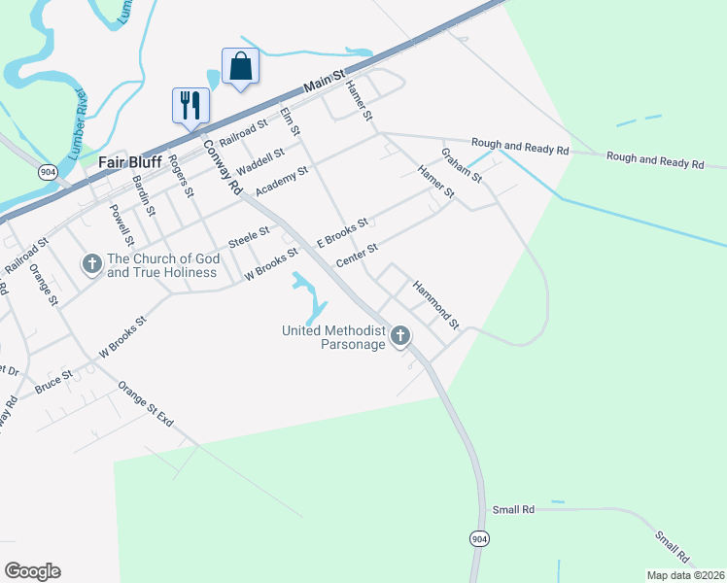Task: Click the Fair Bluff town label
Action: (x=130, y=162)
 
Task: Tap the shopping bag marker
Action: (x=240, y=67)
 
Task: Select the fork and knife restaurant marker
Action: (x=190, y=105)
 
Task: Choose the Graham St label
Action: (x=462, y=164)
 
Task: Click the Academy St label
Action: (x=281, y=179)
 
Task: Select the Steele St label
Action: (x=249, y=237)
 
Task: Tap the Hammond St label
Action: (x=434, y=302)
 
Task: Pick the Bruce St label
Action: (x=53, y=381)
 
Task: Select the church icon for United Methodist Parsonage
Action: (x=399, y=336)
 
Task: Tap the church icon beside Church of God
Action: (x=91, y=264)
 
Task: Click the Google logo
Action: (x=32, y=571)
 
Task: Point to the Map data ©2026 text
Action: (x=684, y=575)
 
